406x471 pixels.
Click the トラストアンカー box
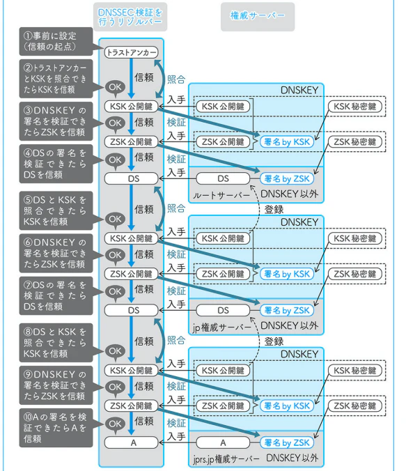(131, 52)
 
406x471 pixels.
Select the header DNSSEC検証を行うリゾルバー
(130, 17)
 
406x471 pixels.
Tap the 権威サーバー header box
(258, 17)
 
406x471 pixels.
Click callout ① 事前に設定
(56, 41)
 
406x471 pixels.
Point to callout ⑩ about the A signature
(56, 428)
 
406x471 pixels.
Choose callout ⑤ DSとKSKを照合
(56, 210)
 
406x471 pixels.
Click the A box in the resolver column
(131, 442)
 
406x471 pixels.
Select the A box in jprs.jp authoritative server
(223, 442)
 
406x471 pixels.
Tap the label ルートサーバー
(221, 196)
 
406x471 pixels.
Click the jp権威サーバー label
(221, 327)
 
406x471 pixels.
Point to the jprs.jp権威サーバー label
(226, 459)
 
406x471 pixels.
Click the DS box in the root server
(223, 179)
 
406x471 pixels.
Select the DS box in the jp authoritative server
(223, 310)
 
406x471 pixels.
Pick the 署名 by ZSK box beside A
(287, 442)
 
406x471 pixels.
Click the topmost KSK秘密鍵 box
(355, 107)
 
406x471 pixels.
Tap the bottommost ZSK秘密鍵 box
(355, 406)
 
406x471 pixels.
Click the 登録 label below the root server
(274, 209)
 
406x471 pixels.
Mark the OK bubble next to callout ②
(115, 88)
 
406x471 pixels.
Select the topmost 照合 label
(176, 79)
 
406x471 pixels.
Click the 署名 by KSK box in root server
(287, 141)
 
